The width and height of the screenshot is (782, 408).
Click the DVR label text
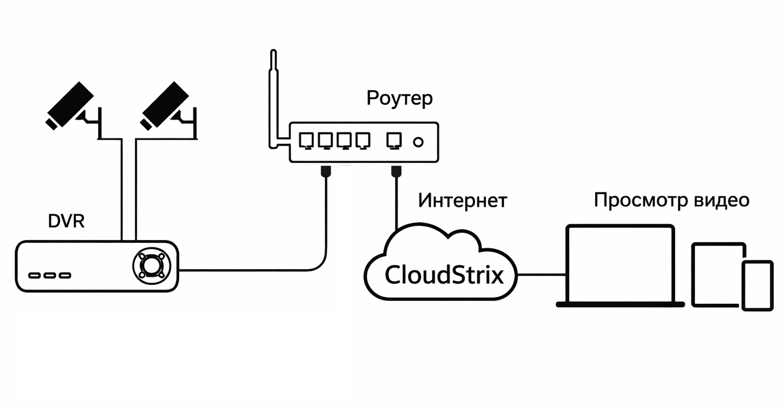click(x=66, y=221)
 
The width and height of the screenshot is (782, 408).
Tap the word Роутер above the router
click(x=399, y=98)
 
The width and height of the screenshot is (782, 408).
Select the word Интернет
click(x=462, y=200)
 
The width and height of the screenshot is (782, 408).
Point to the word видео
click(x=719, y=200)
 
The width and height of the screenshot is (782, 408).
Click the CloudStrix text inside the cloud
click(x=444, y=275)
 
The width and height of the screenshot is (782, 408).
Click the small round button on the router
click(x=418, y=142)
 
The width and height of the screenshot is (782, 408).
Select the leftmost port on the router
click(x=306, y=140)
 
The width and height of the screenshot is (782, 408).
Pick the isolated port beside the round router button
click(x=394, y=140)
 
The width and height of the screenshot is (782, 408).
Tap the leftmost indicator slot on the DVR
click(x=35, y=276)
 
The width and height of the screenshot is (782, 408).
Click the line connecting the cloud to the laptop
click(x=541, y=275)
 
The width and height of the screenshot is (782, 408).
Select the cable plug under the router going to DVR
click(x=326, y=171)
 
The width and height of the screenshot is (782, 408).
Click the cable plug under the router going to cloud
click(x=396, y=171)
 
